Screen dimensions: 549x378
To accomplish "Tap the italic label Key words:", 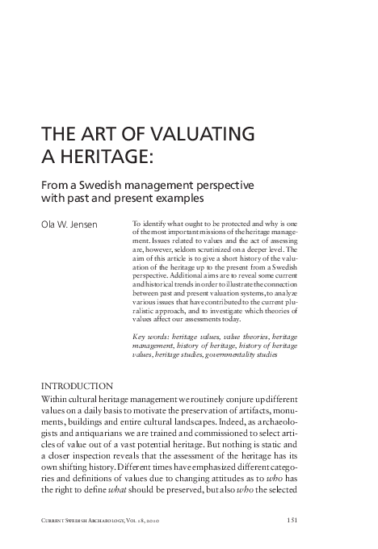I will click(149, 334).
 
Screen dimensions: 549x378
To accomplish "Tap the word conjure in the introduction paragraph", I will click(240, 401).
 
